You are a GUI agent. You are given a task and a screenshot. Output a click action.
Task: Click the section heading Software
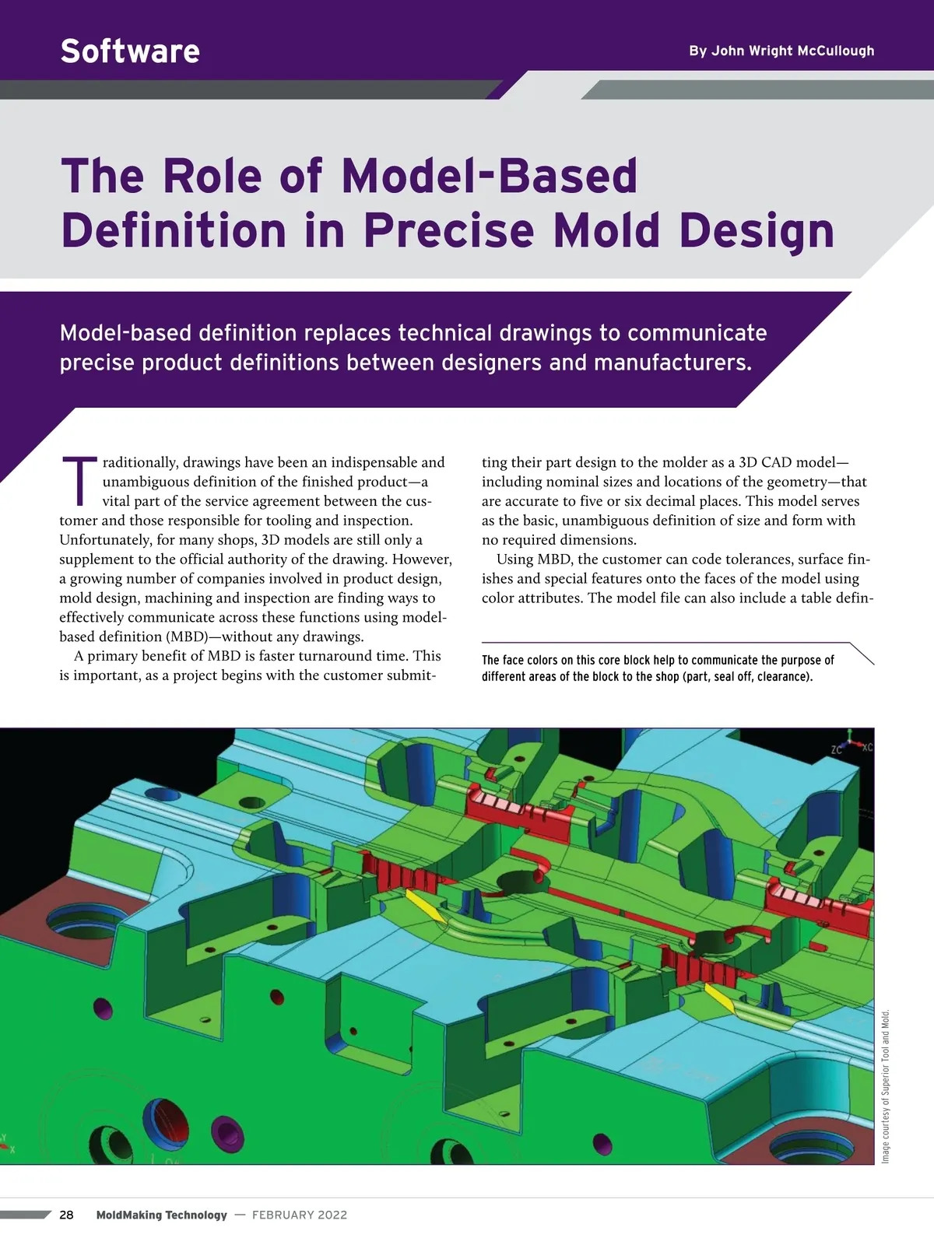[x=130, y=51]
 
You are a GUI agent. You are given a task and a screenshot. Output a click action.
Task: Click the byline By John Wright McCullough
[x=781, y=51]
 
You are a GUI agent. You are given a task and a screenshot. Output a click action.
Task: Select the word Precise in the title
[x=448, y=230]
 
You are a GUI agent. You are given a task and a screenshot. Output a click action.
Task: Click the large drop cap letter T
[x=79, y=480]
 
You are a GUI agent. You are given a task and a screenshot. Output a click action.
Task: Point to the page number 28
[x=67, y=1215]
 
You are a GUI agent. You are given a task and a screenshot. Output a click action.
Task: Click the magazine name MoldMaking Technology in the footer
[x=162, y=1215]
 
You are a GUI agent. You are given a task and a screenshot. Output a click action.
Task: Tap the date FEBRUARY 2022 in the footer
[x=300, y=1215]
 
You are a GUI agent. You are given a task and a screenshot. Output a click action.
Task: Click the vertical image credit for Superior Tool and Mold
[x=886, y=1086]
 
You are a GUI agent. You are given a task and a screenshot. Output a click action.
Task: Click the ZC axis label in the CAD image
[x=837, y=750]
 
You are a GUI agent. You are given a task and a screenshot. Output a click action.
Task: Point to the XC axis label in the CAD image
[x=867, y=747]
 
